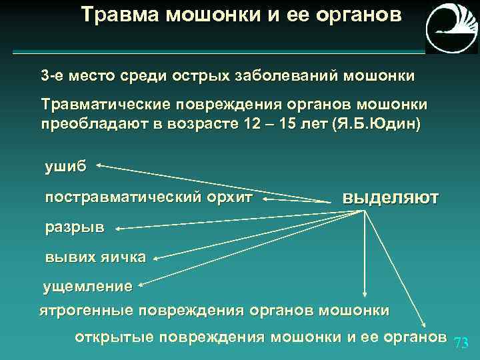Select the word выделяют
390,197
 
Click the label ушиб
65,167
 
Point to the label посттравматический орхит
149,197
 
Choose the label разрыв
75,227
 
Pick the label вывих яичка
95,258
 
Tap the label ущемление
88,287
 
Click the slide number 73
461,343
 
